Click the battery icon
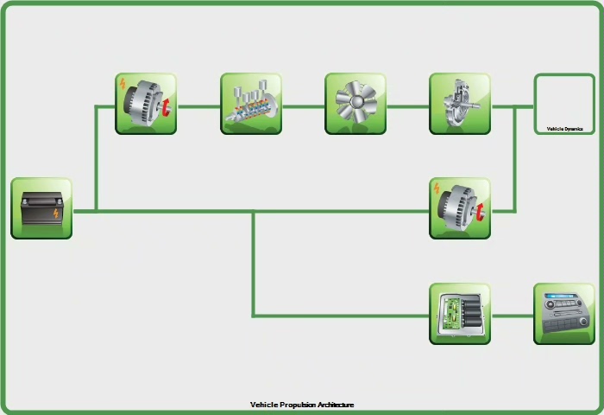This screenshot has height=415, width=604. point(41,207)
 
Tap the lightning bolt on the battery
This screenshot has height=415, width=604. point(56,213)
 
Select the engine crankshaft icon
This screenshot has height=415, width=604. point(251,104)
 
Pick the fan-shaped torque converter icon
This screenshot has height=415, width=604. point(355,104)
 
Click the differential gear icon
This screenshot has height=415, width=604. point(460,104)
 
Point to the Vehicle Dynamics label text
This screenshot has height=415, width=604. point(564,129)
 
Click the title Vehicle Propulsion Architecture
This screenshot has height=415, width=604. point(302,405)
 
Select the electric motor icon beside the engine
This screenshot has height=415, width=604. point(146,104)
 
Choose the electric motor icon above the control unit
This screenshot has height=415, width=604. point(460,208)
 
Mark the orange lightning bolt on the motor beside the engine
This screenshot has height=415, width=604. point(123,85)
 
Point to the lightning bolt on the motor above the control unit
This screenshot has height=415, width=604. point(437,189)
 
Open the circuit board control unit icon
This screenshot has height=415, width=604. point(460,313)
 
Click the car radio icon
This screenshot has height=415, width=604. point(564,313)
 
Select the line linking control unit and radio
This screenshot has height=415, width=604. point(512,316)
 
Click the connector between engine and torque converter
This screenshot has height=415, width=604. point(304,107)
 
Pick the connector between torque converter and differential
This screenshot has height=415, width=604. point(408,107)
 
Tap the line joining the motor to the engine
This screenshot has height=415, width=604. point(198,107)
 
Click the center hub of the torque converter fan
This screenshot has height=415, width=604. point(355,103)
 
